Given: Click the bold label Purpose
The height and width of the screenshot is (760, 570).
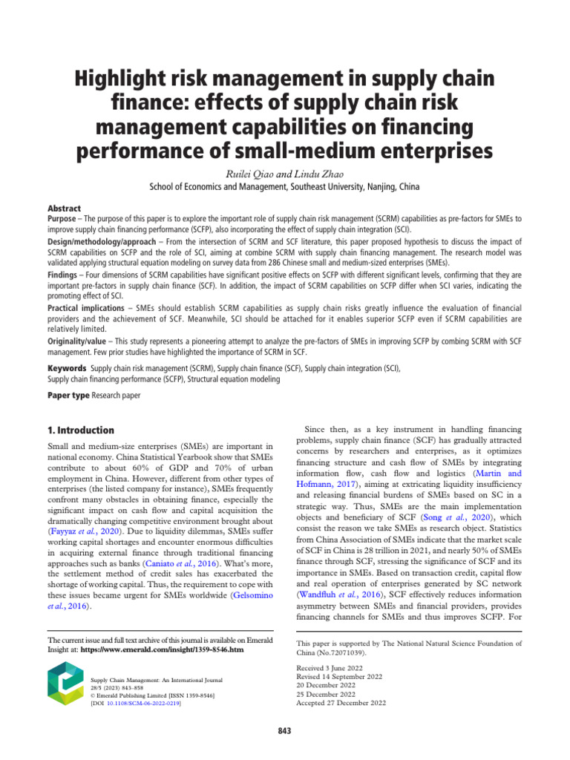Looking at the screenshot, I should (x=62, y=220).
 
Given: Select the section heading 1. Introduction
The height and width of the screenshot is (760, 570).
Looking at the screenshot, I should (x=81, y=430).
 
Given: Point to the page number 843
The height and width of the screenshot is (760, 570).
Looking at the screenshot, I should (x=284, y=731).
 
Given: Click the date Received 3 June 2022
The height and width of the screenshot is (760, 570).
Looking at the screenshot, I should (x=331, y=668).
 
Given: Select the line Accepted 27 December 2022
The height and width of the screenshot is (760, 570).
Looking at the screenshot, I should (x=341, y=703).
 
